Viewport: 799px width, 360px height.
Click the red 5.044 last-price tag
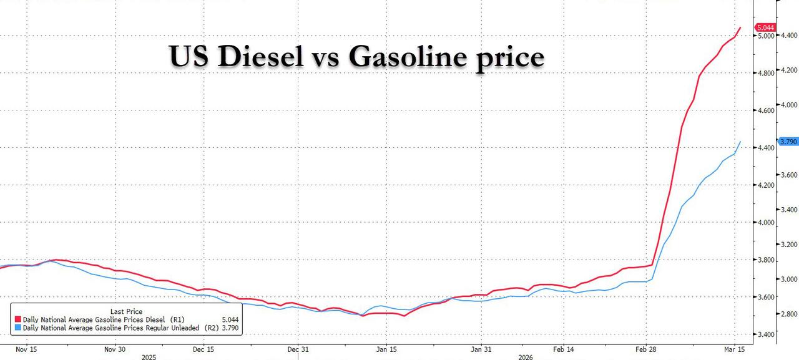765,27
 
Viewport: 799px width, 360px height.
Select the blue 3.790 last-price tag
788,142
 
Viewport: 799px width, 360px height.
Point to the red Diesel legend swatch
17,319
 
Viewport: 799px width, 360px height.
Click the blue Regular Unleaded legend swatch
17,328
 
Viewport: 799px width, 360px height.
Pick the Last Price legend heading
126,311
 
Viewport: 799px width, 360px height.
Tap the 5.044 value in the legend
228,319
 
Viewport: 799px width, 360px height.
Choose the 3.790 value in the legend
228,328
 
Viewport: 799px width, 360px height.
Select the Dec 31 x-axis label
298,349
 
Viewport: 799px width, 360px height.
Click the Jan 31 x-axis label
481,349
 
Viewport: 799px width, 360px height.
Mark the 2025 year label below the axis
149,358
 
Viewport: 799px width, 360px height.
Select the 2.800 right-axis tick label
788,314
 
